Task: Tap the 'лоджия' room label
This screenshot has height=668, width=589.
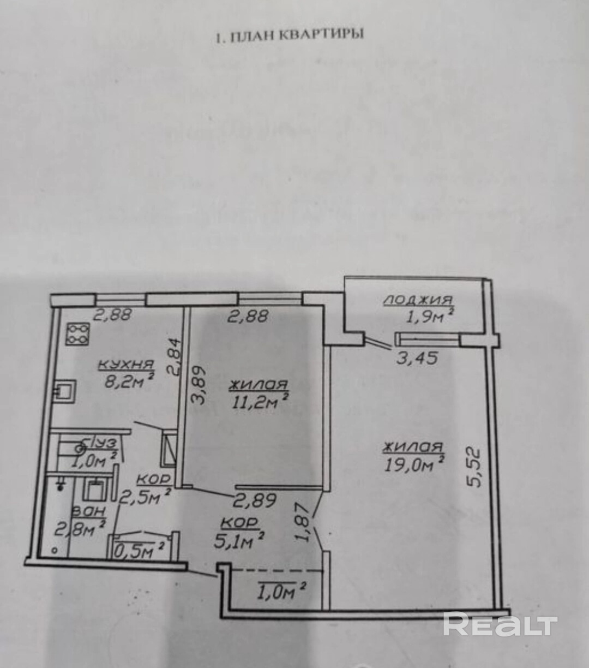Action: point(418,300)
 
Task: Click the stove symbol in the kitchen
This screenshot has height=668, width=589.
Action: point(78,334)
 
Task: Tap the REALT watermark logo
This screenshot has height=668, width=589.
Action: point(500,625)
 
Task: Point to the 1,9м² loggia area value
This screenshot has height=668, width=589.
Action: point(428,317)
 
